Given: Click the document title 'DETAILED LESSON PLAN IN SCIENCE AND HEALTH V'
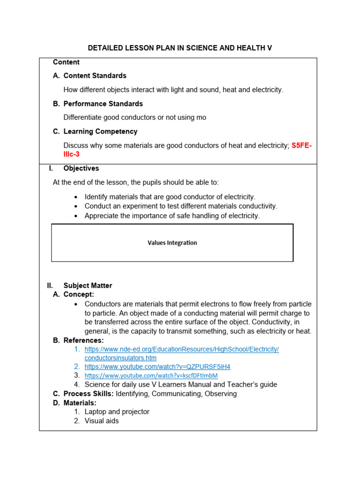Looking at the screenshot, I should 180,48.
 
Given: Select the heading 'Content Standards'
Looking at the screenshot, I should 95,75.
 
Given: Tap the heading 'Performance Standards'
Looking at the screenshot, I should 103,104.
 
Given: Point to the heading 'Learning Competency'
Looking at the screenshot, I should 100,131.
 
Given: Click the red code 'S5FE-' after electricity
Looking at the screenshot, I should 301,146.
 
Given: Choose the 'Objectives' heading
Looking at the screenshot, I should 81,168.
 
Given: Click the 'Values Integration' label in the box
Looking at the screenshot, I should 172,243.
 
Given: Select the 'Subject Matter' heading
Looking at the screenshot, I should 88,285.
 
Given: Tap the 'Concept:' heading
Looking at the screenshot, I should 79,294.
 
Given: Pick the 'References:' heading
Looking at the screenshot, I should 83,340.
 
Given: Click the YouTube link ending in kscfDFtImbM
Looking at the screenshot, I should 151,376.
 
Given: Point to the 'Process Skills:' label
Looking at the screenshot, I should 89,394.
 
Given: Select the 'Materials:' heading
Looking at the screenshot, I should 80,403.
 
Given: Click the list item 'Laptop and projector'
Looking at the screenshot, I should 117,412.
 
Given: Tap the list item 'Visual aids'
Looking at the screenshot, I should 102,421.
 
